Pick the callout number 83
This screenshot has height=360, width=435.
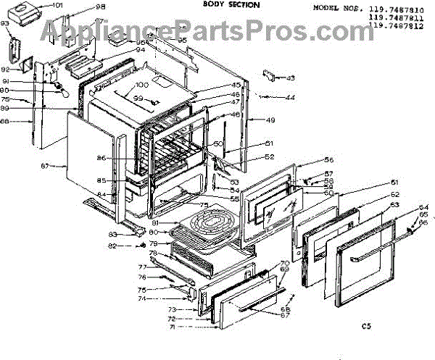point(113,234)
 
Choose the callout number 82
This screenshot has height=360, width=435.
point(113,247)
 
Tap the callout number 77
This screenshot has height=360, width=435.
point(142,267)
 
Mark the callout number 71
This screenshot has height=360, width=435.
point(172,327)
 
